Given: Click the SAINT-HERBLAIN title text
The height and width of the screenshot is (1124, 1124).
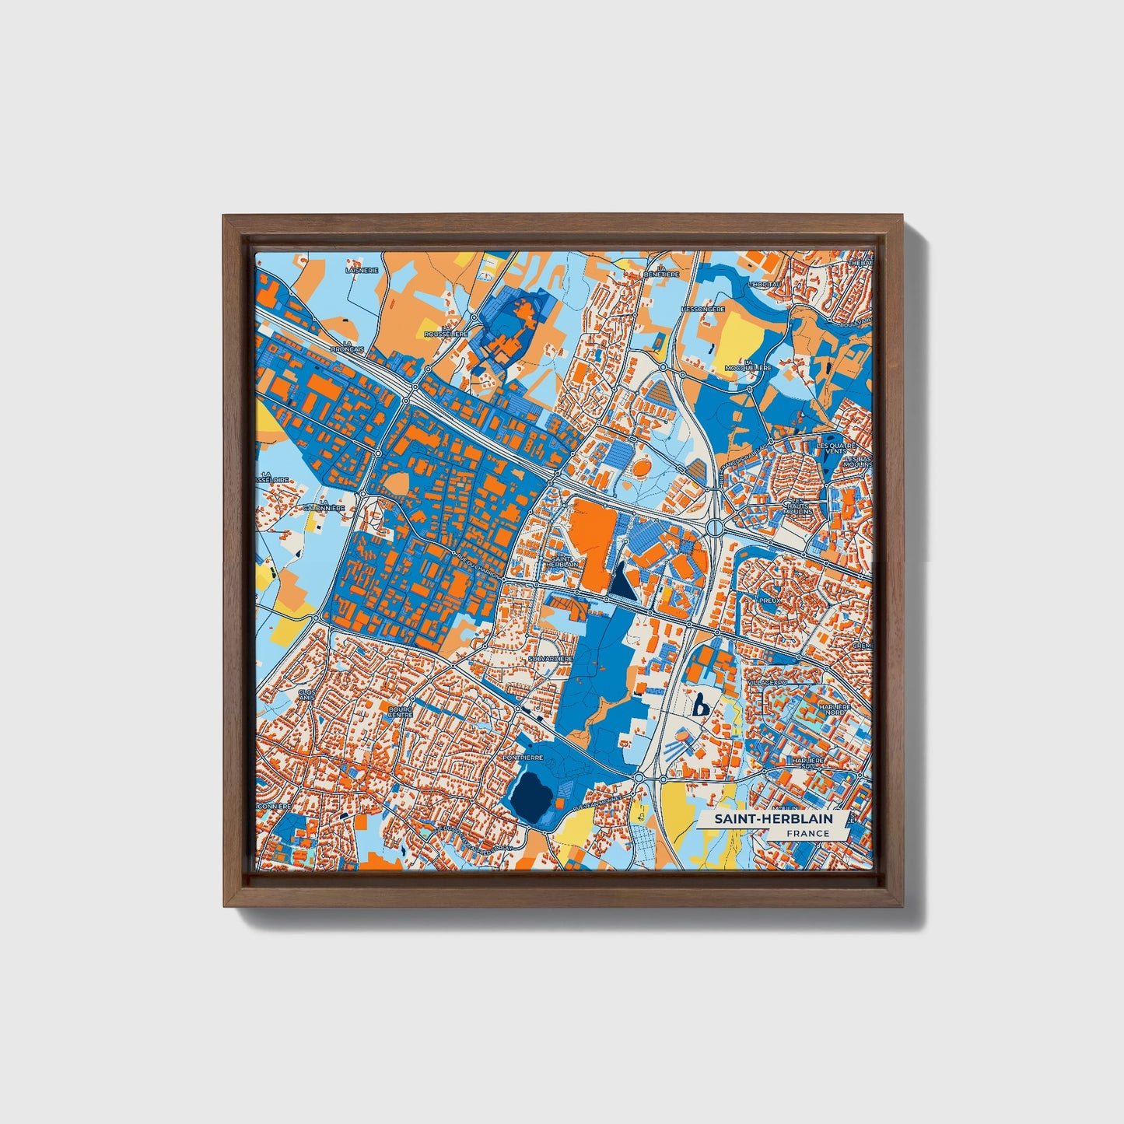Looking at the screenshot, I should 773,819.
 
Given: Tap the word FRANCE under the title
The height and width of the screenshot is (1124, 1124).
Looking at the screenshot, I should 807,833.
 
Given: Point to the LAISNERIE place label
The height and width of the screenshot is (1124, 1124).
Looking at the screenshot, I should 362,271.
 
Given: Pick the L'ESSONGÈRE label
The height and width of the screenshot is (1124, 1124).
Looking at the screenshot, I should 702,309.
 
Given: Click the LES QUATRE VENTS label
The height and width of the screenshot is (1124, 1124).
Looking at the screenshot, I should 835,448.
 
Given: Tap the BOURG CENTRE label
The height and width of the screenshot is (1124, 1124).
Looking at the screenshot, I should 401,712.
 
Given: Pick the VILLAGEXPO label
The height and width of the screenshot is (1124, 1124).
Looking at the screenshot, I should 768,681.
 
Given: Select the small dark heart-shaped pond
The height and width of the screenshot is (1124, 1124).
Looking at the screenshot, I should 701,706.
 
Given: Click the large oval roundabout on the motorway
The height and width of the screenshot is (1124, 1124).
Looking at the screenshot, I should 715,527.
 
